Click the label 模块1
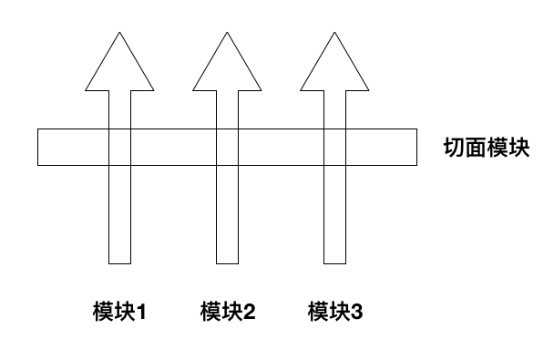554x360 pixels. [x=120, y=313]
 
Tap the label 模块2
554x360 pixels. [x=228, y=313]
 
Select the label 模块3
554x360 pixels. [x=335, y=313]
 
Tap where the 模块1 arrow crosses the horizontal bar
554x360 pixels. [x=120, y=148]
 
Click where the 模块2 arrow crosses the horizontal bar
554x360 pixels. [x=228, y=148]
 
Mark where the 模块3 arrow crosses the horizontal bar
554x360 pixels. [x=335, y=148]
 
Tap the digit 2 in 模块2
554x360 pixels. [x=249, y=314]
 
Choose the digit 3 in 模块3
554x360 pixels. [x=356, y=314]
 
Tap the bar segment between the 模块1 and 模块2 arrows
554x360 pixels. [x=174, y=148]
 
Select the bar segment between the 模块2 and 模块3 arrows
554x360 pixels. [x=282, y=148]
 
